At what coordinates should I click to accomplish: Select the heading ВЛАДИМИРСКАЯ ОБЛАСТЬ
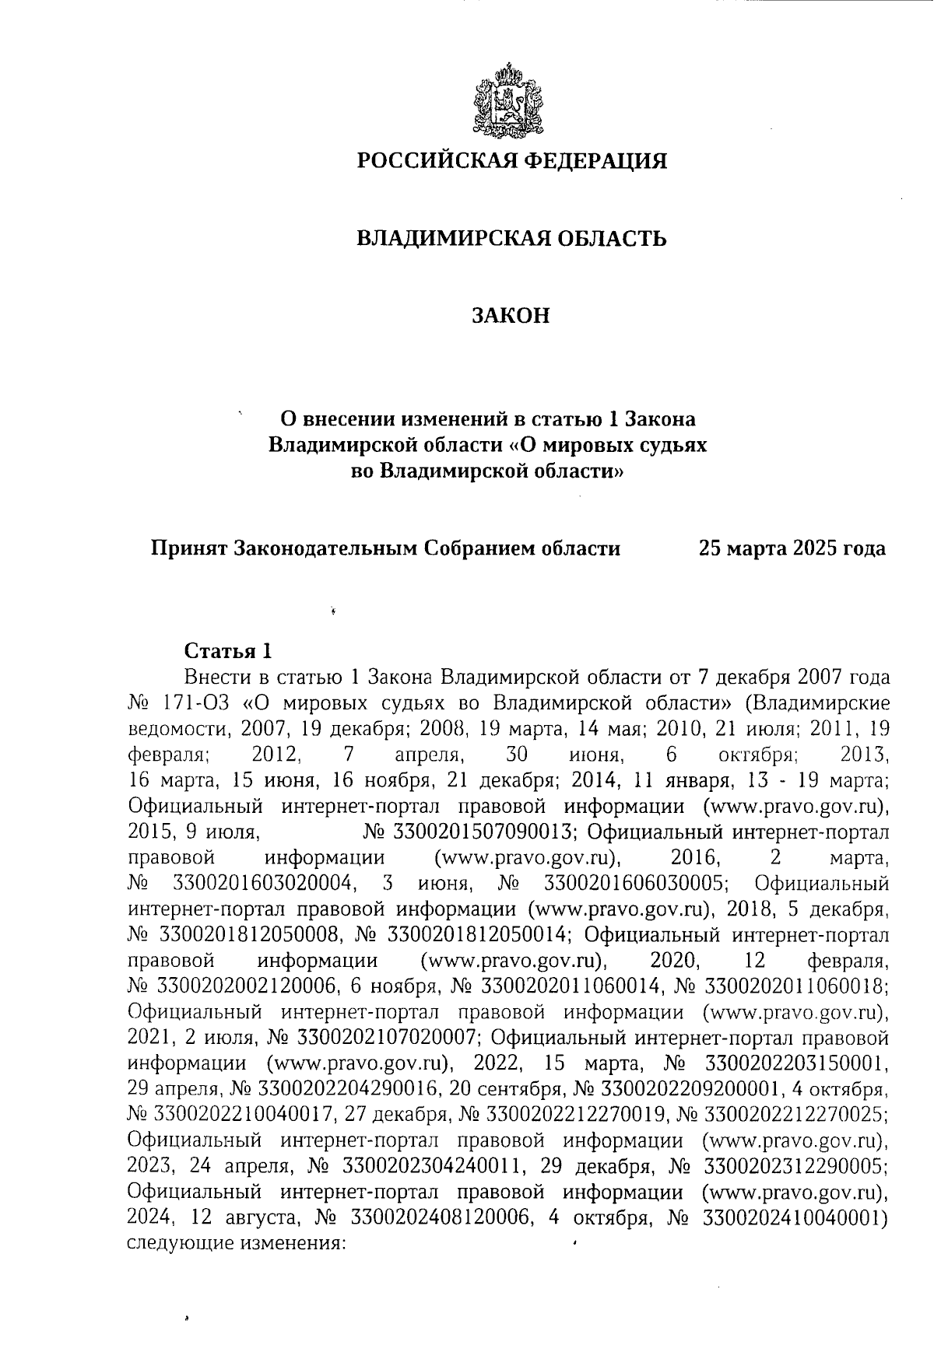coord(511,237)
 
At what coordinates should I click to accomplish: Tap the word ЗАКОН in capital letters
coord(511,315)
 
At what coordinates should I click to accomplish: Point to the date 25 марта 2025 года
coord(792,548)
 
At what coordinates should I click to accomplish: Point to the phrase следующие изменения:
coord(234,1242)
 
